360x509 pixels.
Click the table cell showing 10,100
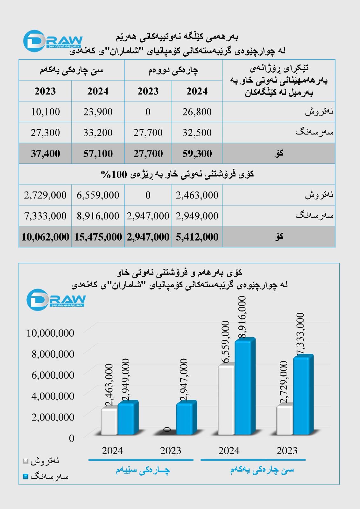coord(45,112)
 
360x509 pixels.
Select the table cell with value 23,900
coord(98,112)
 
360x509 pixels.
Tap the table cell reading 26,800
coord(197,112)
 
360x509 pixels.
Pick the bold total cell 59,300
coord(197,154)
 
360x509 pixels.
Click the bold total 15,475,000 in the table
coord(98,237)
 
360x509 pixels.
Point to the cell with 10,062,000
coord(45,237)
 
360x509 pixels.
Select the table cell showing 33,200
coord(98,133)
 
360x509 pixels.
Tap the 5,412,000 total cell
coord(197,237)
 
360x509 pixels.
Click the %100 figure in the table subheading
coord(114,174)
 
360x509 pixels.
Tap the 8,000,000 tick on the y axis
coord(53,354)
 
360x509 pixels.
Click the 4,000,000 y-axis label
coord(53,396)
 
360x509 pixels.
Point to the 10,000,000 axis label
coord(50,333)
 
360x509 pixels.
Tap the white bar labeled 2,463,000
coord(109,422)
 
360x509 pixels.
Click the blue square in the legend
coord(26,477)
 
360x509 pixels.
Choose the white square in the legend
coord(26,461)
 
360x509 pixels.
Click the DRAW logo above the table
coord(53,41)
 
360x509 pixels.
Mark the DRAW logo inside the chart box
coord(56,300)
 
